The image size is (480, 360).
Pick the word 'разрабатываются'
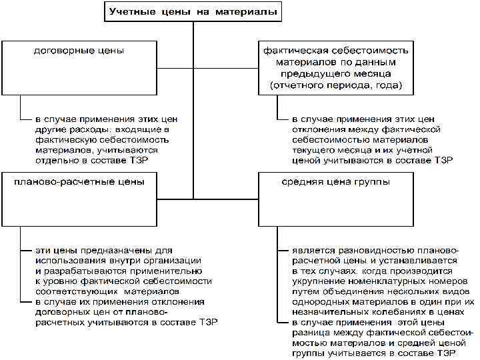tap(79, 271)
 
